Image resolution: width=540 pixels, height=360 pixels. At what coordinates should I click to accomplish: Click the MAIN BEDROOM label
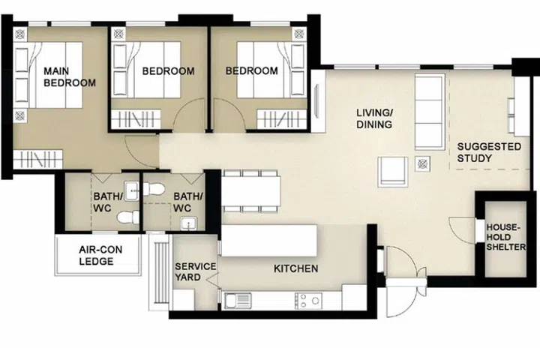pyautogui.click(x=70, y=76)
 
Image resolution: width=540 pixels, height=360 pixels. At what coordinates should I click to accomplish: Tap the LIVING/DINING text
pyautogui.click(x=374, y=118)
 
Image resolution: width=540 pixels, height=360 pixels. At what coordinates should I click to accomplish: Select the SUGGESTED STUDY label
pyautogui.click(x=488, y=152)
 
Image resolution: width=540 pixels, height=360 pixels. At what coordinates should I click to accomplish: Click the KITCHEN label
pyautogui.click(x=295, y=268)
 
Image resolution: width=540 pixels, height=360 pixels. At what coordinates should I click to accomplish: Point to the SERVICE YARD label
pyautogui.click(x=195, y=271)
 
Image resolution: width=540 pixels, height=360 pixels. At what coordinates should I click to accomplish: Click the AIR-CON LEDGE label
pyautogui.click(x=97, y=256)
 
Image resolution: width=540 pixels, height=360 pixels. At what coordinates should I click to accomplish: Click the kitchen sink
pyautogui.click(x=239, y=301)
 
